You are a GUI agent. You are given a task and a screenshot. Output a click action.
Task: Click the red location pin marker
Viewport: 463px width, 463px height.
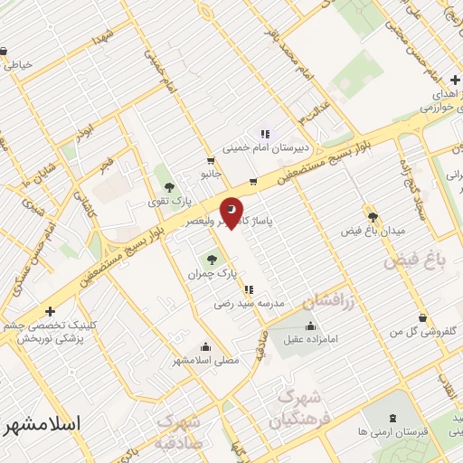coord(231,213)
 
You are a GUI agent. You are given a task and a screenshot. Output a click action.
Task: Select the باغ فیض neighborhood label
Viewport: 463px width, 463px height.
coord(415,261)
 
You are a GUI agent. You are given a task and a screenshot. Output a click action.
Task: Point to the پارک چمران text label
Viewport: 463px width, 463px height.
coord(212,272)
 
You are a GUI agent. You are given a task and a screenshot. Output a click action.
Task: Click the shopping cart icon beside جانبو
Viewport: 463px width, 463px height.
coord(252,181)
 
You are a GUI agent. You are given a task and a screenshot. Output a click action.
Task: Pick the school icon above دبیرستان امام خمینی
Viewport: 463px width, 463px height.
coord(264,133)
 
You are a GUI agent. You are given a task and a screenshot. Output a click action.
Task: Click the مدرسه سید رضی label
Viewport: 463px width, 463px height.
coord(241,304)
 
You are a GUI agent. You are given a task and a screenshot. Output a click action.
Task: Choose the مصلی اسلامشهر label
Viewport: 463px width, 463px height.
coord(206,360)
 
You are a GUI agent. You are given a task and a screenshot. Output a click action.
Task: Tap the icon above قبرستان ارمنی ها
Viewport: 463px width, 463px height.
coord(392,418)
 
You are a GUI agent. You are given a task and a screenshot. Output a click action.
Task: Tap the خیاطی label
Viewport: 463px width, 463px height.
coord(19,64)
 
